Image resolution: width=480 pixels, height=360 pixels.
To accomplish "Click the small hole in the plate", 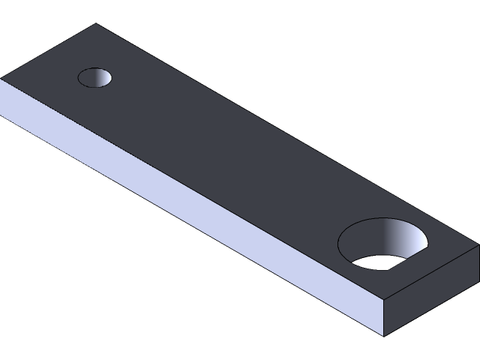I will tap(95, 76).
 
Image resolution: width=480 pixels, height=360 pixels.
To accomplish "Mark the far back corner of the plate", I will tap(96, 24).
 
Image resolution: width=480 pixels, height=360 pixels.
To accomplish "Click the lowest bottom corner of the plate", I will tap(384, 335).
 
